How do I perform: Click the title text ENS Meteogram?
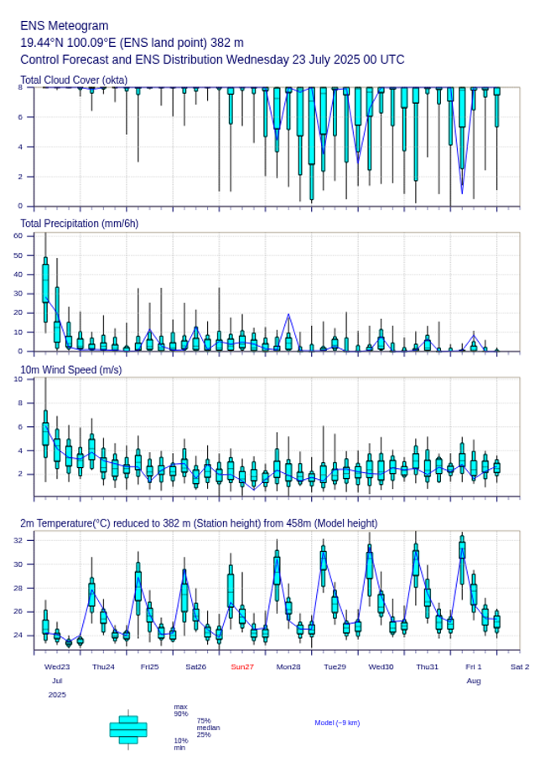pyautogui.click(x=65, y=26)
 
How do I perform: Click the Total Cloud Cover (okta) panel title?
pyautogui.click(x=74, y=80)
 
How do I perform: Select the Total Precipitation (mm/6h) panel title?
pyautogui.click(x=80, y=223)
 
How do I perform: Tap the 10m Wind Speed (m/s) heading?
pyautogui.click(x=70, y=369)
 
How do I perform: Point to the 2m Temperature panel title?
pyautogui.click(x=199, y=523)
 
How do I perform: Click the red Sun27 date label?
pyautogui.click(x=242, y=667)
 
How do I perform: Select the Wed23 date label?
pyautogui.click(x=57, y=667)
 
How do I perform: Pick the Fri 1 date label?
pyautogui.click(x=474, y=667)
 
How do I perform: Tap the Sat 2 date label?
pyautogui.click(x=520, y=667)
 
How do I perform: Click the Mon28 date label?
pyautogui.click(x=288, y=667)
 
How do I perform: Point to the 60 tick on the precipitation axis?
pyautogui.click(x=18, y=235)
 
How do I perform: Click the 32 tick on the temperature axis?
pyautogui.click(x=18, y=541)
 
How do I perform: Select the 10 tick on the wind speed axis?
pyautogui.click(x=18, y=379)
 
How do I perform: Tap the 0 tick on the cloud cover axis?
pyautogui.click(x=20, y=206)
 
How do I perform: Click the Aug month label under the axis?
pyautogui.click(x=474, y=681)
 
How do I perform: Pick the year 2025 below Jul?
pyautogui.click(x=57, y=695)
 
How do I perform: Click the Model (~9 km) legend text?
pyautogui.click(x=337, y=723)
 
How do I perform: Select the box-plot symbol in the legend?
pyautogui.click(x=128, y=729)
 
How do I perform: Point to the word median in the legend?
pyautogui.click(x=208, y=728)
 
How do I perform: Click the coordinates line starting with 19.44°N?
pyautogui.click(x=132, y=43)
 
